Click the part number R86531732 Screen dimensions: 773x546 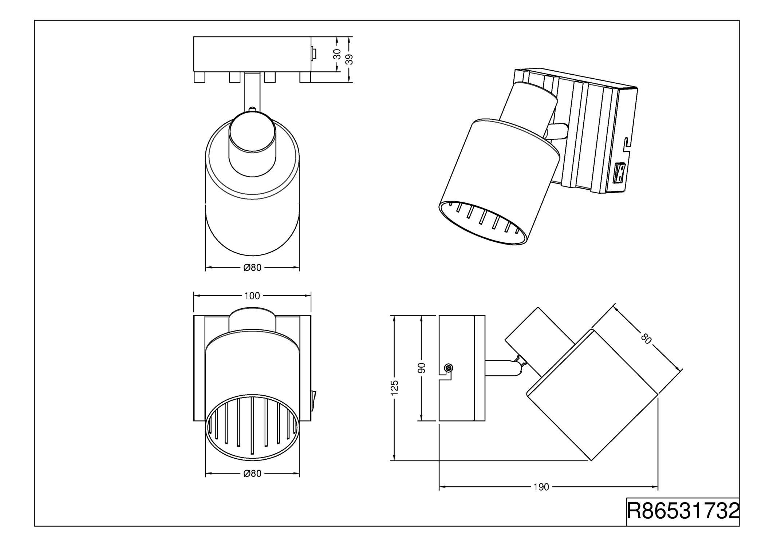683,511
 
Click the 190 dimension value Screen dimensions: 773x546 541,487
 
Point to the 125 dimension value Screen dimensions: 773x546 394,388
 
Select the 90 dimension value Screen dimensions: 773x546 422,368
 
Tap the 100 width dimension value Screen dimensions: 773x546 252,296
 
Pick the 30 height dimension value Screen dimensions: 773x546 337,54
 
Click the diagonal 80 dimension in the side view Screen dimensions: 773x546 646,339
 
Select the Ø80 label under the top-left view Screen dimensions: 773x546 252,268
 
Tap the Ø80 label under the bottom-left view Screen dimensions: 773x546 252,474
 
